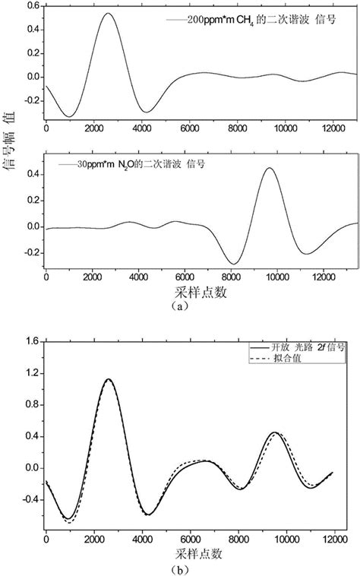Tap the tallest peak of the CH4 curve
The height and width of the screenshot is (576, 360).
[109, 14]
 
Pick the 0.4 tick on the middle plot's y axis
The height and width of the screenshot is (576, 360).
[33, 174]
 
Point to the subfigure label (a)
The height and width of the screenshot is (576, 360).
[178, 307]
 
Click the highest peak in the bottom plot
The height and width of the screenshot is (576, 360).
[109, 379]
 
